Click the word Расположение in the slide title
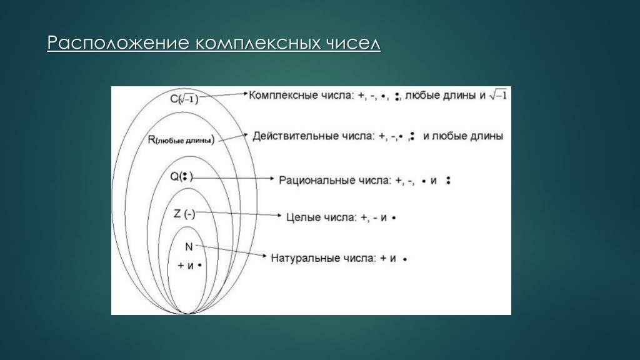tap(118, 43)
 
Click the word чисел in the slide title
tap(353, 43)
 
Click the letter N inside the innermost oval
tap(189, 247)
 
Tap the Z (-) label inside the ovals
tap(184, 214)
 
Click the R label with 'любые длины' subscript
tap(181, 140)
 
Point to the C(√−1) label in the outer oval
tap(184, 99)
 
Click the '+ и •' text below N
tap(190, 266)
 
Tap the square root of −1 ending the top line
tap(498, 95)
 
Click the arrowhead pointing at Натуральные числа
tap(264, 256)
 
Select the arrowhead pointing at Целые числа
tap(279, 215)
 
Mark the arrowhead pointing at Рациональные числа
tap(272, 178)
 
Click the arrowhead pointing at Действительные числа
tap(245, 135)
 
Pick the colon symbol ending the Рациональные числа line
tap(448, 180)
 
